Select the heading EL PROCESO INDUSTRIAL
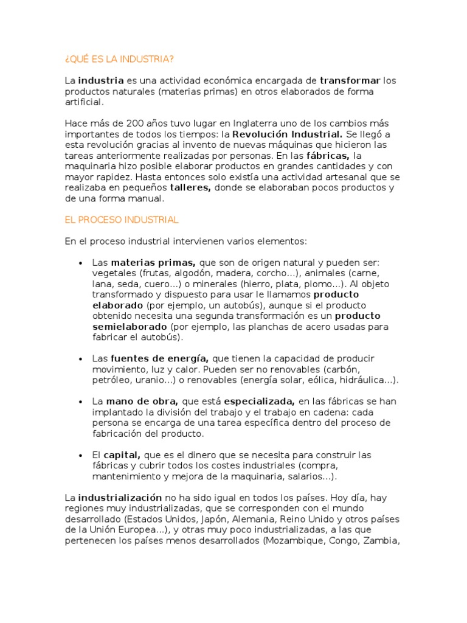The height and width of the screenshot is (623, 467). tap(122, 220)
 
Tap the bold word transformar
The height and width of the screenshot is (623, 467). tap(350, 81)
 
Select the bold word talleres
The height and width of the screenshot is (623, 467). tap(190, 188)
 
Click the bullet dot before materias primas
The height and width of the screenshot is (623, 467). tap(81, 263)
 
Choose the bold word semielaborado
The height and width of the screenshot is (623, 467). tap(130, 327)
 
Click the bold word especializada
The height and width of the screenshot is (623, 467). tap(260, 402)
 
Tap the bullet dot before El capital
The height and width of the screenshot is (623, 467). tap(81, 456)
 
